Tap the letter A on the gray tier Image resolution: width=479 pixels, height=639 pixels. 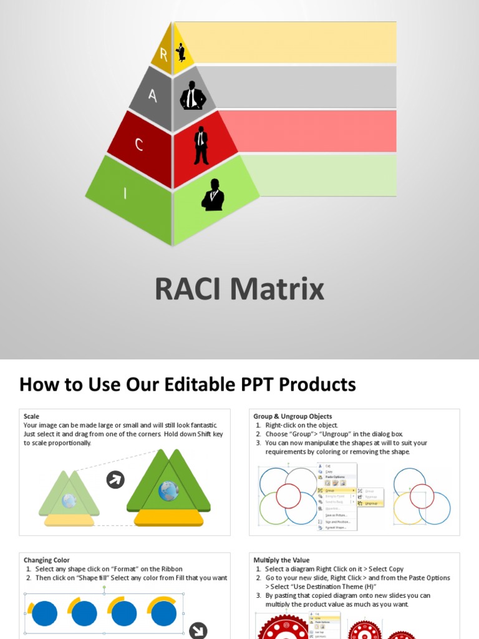(x=152, y=95)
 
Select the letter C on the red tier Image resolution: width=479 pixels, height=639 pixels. (x=139, y=145)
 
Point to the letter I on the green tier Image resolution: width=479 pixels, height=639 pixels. (x=125, y=193)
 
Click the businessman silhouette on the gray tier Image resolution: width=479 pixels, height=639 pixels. (x=193, y=95)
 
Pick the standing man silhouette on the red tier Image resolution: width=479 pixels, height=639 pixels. (x=201, y=145)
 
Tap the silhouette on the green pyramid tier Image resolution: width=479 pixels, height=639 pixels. (x=213, y=195)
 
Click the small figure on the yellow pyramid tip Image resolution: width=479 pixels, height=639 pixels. (x=181, y=52)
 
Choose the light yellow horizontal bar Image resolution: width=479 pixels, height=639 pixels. (x=287, y=42)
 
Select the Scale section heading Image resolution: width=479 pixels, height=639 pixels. (x=31, y=416)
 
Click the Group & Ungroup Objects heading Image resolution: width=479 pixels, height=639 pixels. (x=293, y=416)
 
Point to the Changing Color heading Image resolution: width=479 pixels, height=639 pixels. (x=47, y=560)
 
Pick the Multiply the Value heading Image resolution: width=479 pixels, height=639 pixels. (x=281, y=560)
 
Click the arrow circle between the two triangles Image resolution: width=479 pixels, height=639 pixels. (x=115, y=479)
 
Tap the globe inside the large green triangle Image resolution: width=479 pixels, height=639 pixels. (x=168, y=491)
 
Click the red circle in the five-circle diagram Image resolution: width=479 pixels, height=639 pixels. (x=288, y=495)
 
